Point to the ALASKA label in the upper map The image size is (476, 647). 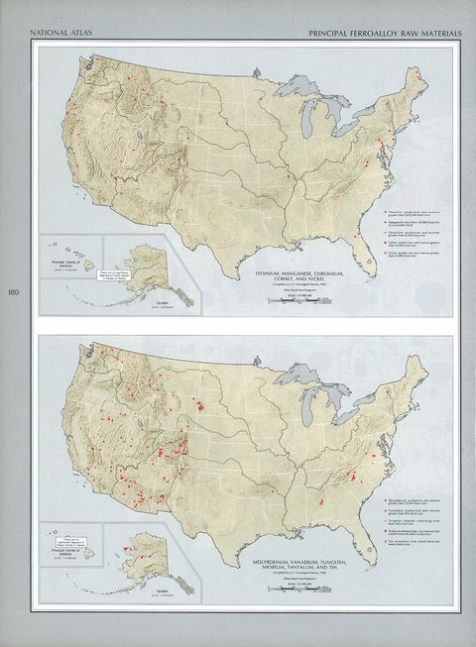tap(140, 301)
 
